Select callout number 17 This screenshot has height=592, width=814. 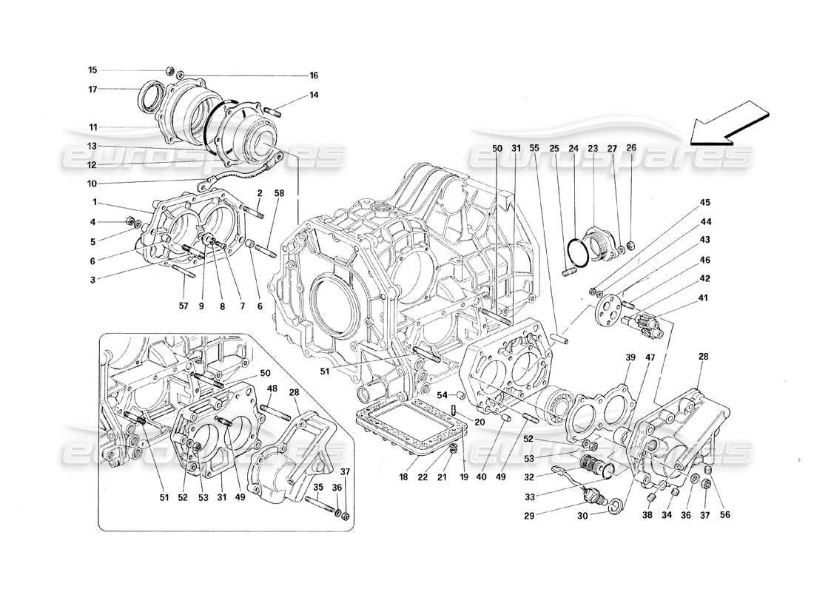tap(92, 90)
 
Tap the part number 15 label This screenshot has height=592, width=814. tap(92, 70)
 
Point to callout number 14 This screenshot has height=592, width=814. tap(314, 95)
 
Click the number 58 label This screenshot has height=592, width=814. tap(280, 192)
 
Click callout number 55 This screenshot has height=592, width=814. tap(535, 148)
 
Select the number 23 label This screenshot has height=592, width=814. tap(592, 148)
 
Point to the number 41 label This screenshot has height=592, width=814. tap(703, 298)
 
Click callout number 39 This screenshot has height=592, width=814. tap(630, 357)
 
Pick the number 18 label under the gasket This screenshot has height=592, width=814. tap(404, 478)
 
